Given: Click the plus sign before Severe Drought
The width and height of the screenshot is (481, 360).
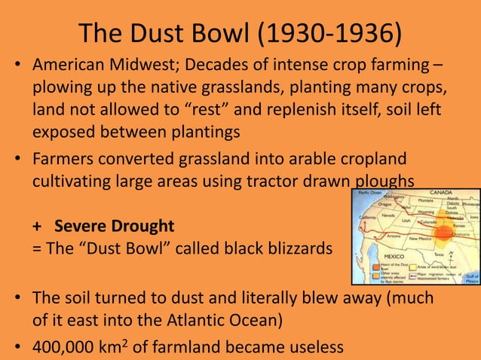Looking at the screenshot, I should click(x=36, y=226).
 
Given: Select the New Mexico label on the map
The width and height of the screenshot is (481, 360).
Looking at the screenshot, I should click(x=420, y=237).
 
